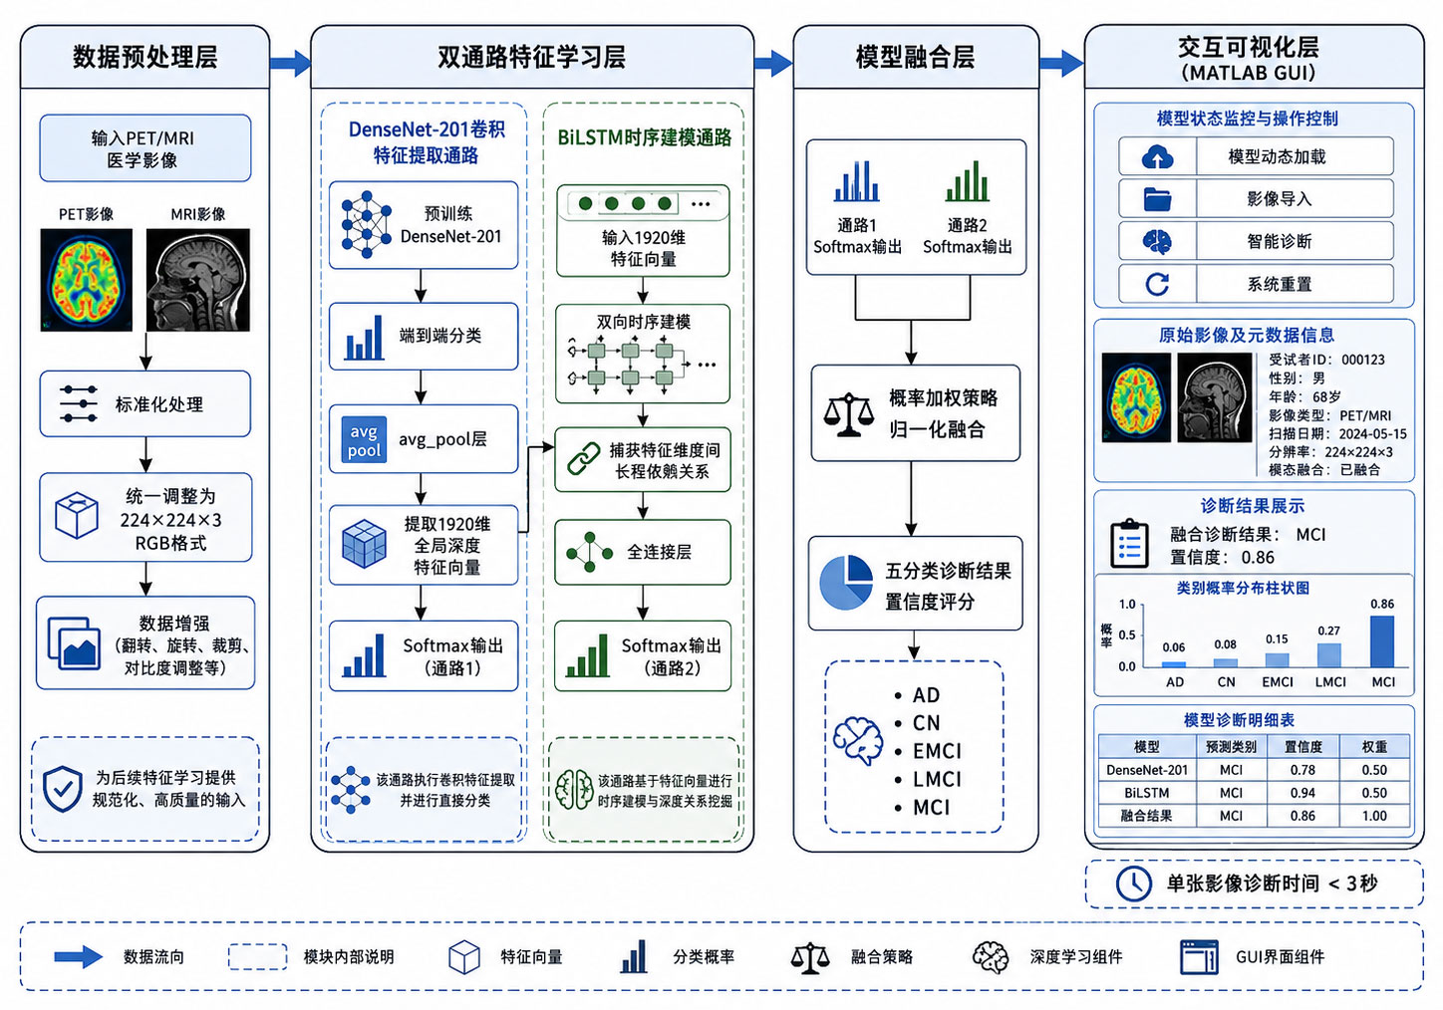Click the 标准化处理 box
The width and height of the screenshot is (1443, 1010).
coord(144,403)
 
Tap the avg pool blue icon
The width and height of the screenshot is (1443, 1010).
coord(364,440)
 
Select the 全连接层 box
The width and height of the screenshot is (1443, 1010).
coord(642,552)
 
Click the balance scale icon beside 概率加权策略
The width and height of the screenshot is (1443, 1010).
coord(848,414)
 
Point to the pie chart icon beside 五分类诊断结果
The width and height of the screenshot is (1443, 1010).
coord(845,583)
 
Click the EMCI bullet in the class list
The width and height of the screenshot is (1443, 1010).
coord(929,751)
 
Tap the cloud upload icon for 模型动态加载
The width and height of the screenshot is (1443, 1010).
coord(1157,157)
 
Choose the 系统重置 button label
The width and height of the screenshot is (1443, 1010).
coord(1279,284)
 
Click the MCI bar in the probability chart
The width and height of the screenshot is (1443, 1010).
coord(1382,641)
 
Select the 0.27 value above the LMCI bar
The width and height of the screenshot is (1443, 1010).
coord(1328,631)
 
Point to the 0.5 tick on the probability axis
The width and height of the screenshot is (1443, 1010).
coord(1127,634)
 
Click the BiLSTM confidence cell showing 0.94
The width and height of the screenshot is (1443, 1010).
coord(1302,793)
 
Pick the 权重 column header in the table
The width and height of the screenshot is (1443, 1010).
coord(1374,747)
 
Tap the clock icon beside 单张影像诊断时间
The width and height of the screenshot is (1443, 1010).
coord(1134,884)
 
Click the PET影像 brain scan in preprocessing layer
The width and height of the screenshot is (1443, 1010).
coord(87,280)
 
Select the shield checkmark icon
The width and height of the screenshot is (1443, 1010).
coord(63,789)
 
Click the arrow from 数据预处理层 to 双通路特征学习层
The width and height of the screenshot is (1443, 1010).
coord(290,63)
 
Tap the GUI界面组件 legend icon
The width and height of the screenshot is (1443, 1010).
coord(1199,956)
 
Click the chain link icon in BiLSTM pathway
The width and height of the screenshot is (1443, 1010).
coord(584,459)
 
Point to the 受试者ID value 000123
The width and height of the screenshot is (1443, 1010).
coord(1363,360)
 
